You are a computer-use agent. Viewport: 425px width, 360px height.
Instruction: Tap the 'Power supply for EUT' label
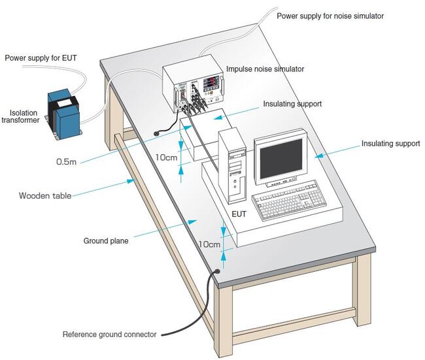click(41, 57)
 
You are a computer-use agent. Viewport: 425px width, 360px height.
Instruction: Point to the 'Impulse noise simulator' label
click(265, 69)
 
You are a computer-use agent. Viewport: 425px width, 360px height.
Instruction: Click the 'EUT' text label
click(240, 214)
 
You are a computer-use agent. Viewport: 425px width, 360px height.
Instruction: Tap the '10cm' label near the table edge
click(209, 244)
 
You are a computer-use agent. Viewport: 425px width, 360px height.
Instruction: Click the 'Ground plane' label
click(105, 240)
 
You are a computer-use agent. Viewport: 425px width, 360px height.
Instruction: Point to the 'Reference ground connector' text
click(109, 335)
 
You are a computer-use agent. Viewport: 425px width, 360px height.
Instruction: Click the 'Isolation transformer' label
click(24, 116)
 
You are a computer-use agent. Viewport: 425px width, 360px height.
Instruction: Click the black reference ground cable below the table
click(203, 307)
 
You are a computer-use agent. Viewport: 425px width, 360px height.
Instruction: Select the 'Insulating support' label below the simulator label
click(292, 104)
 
